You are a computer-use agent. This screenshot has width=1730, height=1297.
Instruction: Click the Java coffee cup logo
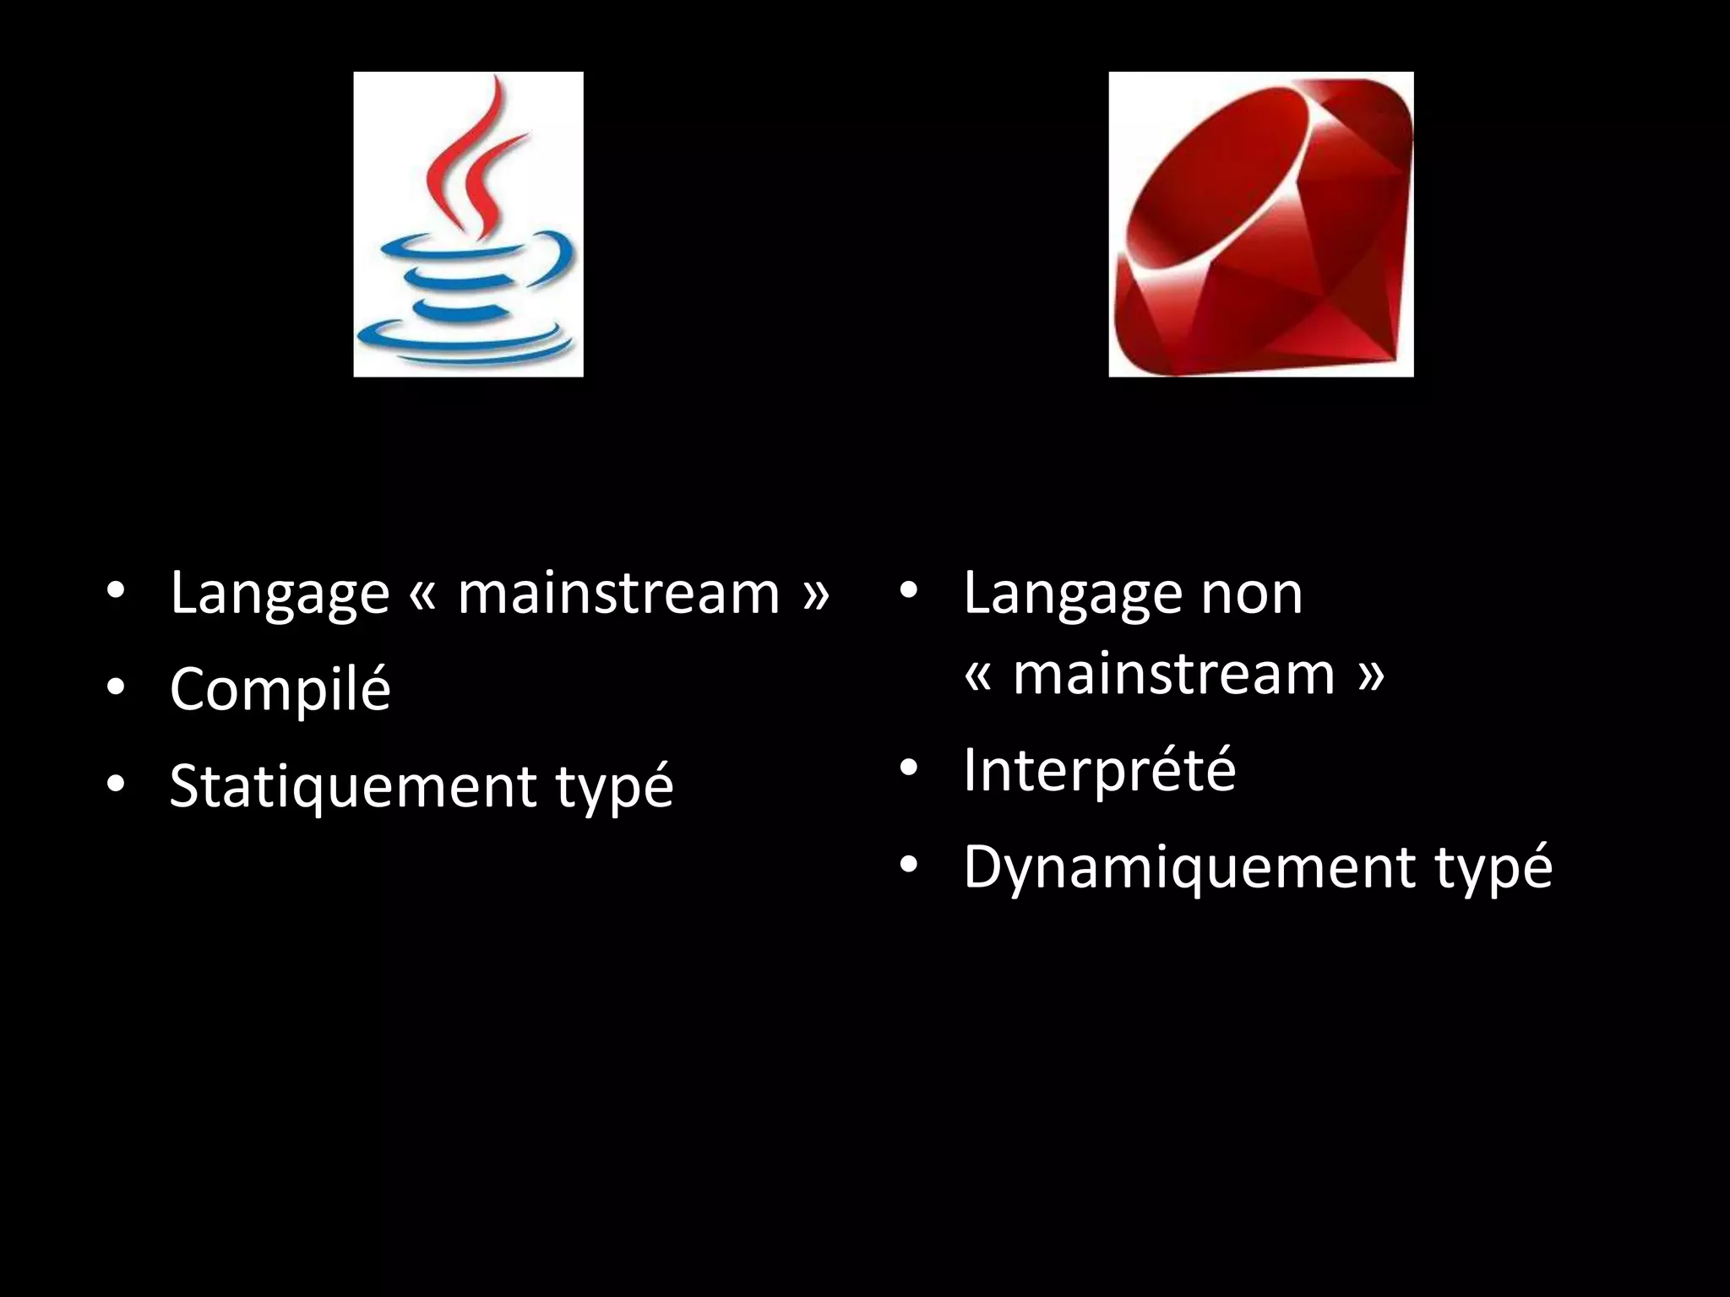tap(468, 225)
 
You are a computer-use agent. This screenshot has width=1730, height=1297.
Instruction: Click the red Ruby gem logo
tap(1260, 225)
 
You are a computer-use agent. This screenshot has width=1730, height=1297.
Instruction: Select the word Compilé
tap(280, 688)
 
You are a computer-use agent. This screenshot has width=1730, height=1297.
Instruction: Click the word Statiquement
tap(352, 785)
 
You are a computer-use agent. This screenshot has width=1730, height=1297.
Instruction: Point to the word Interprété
tap(1099, 770)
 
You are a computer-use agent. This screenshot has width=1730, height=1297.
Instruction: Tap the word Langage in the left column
tap(280, 594)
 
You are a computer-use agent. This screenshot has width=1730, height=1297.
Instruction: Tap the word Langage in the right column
tap(1073, 594)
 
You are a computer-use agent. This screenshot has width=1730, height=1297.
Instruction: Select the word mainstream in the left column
tap(618, 594)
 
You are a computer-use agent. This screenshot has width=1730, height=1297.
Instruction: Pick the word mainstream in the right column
tap(1174, 675)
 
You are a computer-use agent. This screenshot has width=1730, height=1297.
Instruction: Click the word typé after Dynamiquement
tap(1493, 868)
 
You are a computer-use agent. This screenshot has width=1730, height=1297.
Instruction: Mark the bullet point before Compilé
tap(116, 688)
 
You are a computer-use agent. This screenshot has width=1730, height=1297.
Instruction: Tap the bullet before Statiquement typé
tap(116, 785)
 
